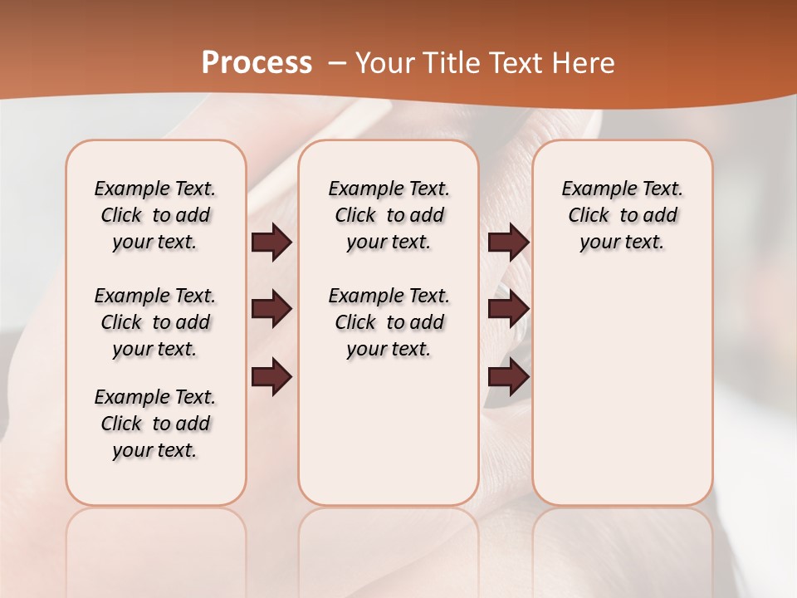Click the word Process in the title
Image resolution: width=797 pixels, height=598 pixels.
click(x=257, y=63)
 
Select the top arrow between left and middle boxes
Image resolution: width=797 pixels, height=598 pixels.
click(x=271, y=243)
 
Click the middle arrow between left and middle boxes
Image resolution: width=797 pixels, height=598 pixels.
click(x=271, y=309)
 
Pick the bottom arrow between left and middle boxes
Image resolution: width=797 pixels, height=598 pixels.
click(x=271, y=377)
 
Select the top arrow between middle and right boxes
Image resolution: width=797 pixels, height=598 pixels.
click(x=508, y=243)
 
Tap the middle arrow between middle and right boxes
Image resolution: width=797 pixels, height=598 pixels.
click(x=508, y=309)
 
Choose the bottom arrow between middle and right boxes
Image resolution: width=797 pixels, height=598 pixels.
click(x=508, y=377)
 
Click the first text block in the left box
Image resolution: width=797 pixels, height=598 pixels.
click(x=155, y=215)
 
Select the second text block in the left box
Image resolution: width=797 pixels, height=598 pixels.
click(x=155, y=322)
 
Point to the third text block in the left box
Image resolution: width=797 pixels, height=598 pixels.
click(x=155, y=424)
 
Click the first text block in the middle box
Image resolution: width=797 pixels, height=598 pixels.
click(x=389, y=215)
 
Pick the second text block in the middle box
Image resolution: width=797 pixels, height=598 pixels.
click(x=389, y=322)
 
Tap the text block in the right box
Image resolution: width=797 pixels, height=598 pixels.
click(x=622, y=215)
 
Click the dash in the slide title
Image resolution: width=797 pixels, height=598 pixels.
click(x=337, y=63)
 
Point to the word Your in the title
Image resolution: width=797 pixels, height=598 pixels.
click(x=380, y=63)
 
